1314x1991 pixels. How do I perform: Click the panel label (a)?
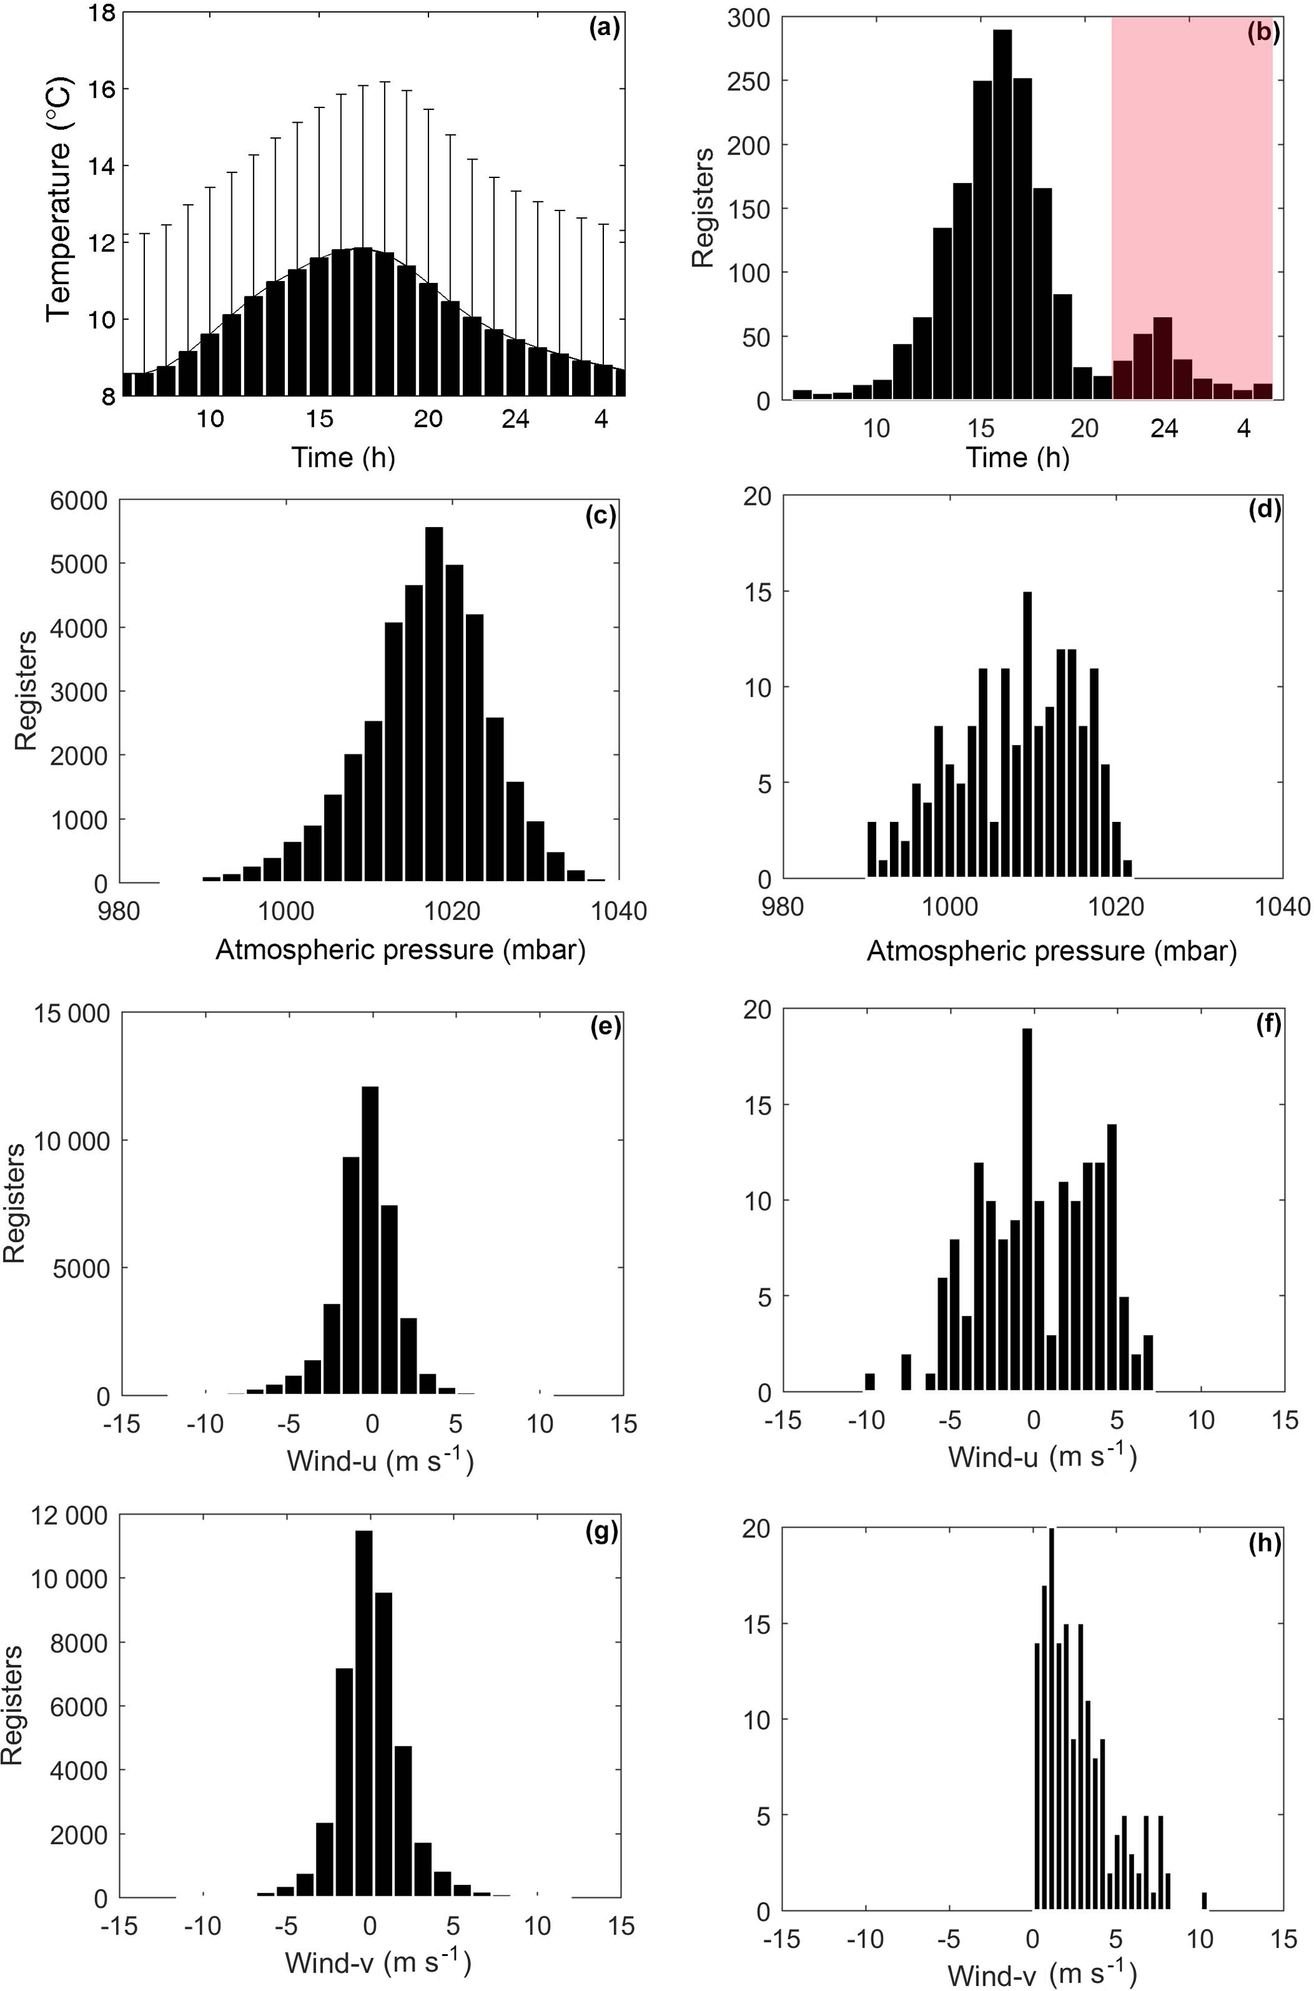click(x=603, y=30)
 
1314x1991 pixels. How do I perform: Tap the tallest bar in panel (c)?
click(x=434, y=704)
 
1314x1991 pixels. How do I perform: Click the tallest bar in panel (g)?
click(x=364, y=1718)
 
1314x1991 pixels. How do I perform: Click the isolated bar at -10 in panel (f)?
click(x=870, y=1381)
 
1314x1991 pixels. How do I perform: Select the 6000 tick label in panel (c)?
click(x=78, y=501)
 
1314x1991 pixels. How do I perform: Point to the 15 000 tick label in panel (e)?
click(x=71, y=1014)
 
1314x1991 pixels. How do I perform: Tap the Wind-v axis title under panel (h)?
click(x=1042, y=1973)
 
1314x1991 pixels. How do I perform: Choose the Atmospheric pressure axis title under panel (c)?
click(x=400, y=950)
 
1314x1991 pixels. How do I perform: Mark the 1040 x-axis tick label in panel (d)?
click(x=1284, y=908)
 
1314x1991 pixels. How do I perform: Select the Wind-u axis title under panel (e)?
click(x=380, y=1461)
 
